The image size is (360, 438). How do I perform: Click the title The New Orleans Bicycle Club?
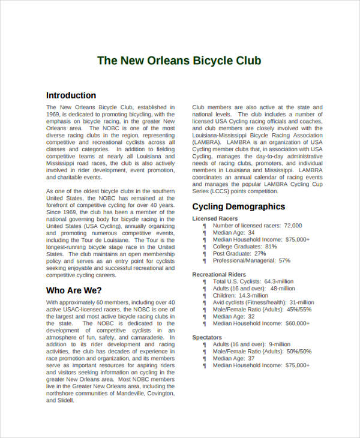[x=179, y=61]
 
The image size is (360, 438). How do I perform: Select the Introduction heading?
[x=71, y=95]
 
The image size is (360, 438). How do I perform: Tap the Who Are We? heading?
[x=70, y=290]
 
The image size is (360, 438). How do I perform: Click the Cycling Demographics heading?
[x=238, y=207]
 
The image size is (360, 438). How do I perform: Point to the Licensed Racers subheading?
[x=215, y=219]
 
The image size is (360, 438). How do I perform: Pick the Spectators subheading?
[x=207, y=338]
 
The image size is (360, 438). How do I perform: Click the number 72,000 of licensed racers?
[x=293, y=226]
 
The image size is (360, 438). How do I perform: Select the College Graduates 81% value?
[x=271, y=247]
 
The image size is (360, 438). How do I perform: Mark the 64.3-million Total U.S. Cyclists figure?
[x=278, y=281]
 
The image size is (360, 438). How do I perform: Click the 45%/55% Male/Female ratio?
[x=299, y=310]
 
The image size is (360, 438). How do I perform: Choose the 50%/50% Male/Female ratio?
[x=299, y=352]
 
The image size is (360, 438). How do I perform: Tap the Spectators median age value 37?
[x=251, y=358]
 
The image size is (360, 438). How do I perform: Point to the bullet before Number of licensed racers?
[x=205, y=226]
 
